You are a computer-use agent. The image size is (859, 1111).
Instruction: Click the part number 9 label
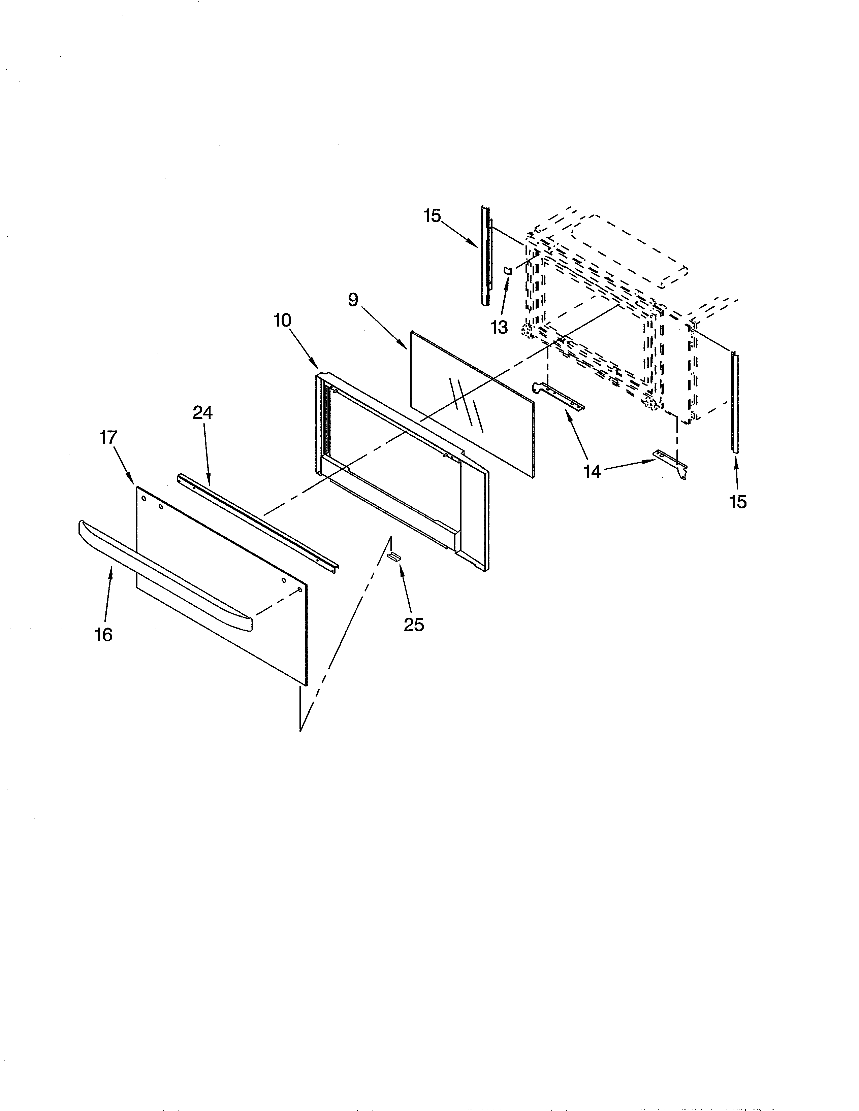353,300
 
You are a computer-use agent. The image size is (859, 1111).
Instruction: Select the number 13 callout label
499,328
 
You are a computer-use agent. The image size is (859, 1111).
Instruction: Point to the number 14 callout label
592,472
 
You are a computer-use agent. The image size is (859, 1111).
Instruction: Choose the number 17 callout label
108,437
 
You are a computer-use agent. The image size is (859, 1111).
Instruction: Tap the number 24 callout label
202,412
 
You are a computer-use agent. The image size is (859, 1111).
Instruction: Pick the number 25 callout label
414,625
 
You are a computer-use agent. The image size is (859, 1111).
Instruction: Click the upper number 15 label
432,216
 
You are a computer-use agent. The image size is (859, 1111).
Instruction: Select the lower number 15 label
737,502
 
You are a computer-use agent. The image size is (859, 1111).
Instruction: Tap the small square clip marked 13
507,270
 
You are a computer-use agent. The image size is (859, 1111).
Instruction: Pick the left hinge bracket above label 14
558,396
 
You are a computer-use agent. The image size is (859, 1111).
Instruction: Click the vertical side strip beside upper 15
485,256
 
